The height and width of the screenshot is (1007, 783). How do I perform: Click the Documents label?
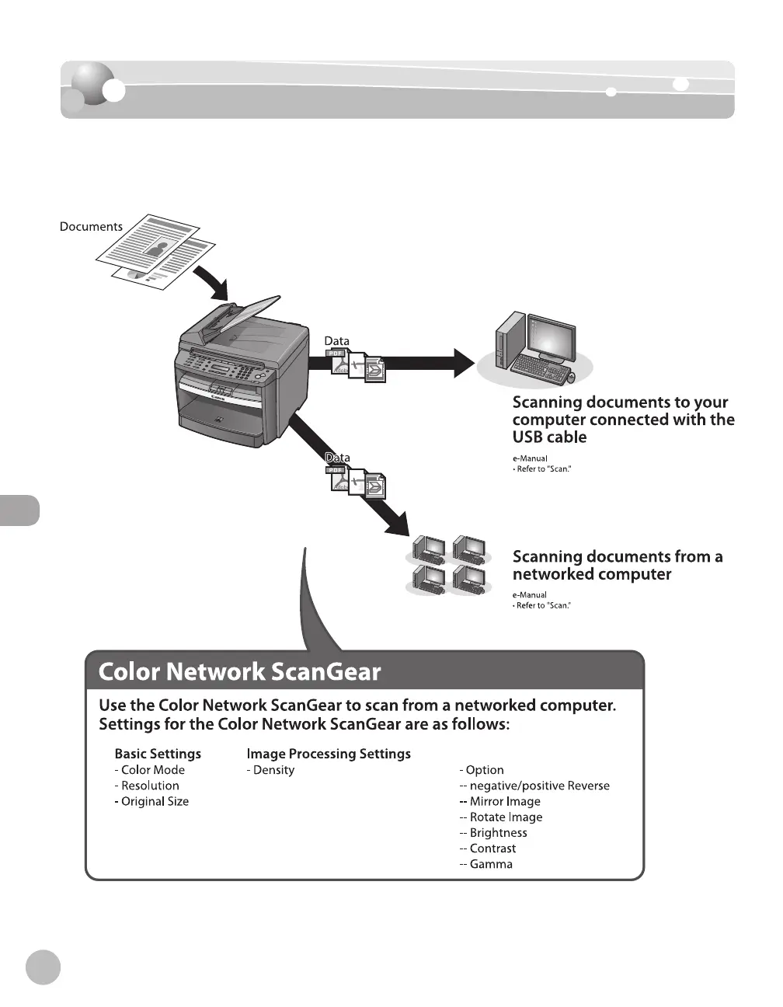coord(91,227)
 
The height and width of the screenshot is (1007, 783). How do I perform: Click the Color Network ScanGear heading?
coord(239,671)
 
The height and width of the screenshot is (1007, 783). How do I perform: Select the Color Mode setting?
coord(153,770)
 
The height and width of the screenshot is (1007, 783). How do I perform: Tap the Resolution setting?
coord(150,786)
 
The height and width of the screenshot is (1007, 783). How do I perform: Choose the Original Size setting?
coord(155,801)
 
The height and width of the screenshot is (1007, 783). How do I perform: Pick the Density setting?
coord(273,770)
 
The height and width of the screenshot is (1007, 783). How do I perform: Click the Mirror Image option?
coord(504,801)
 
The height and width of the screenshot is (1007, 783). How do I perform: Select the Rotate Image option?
coord(506,817)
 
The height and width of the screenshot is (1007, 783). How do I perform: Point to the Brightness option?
coord(498,833)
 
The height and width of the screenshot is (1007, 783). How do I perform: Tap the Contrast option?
coord(492,848)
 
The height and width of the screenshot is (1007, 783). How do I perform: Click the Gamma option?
coord(491,864)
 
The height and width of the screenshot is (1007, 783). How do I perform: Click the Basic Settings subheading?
coord(158,754)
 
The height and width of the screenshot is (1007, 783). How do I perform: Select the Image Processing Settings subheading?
coord(329,754)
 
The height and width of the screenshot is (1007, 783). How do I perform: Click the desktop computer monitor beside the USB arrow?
coord(552,340)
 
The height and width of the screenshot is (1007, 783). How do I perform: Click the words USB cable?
coord(549,437)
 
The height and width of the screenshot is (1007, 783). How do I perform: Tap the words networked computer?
coord(592,574)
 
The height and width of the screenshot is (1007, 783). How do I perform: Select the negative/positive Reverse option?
coord(539,786)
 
